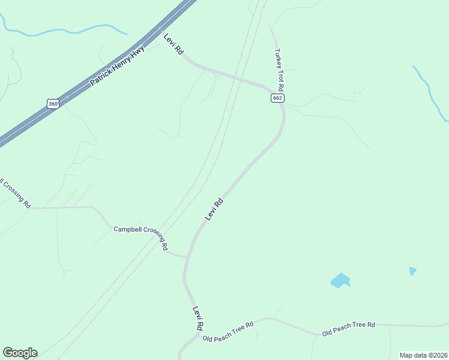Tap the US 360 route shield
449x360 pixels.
[x=53, y=104]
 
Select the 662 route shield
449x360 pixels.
[x=277, y=98]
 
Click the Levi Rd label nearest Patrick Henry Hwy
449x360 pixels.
[x=173, y=44]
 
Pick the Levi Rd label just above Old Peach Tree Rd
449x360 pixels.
[x=198, y=318]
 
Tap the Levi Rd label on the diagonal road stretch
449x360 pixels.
[x=214, y=209]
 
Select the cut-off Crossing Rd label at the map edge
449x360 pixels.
[x=16, y=192]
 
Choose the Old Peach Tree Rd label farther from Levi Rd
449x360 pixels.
[x=348, y=328]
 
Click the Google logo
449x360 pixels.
[x=20, y=353]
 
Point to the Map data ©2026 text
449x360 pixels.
[x=423, y=355]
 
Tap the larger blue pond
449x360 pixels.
[x=340, y=280]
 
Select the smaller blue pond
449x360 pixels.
[x=412, y=271]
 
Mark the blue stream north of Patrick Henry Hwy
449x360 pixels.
[x=66, y=30]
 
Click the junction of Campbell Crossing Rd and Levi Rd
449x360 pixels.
[x=187, y=257]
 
